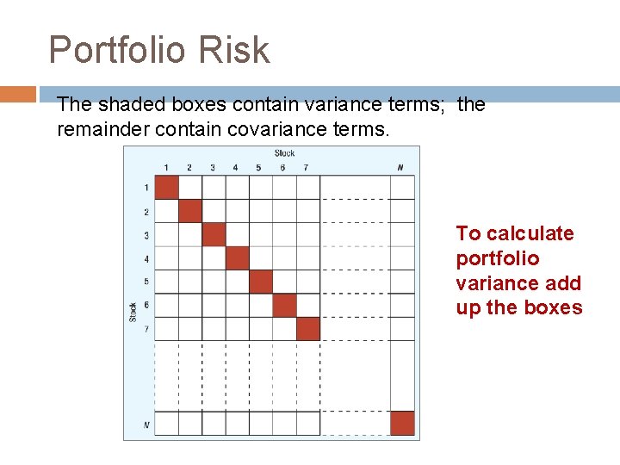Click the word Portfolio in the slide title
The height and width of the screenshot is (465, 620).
pyautogui.click(x=117, y=51)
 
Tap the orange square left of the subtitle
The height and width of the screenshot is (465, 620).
pyautogui.click(x=18, y=93)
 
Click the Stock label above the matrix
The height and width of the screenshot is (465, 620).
pyautogui.click(x=284, y=153)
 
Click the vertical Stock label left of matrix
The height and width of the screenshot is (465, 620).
pyautogui.click(x=133, y=311)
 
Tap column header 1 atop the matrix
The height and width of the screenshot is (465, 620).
pyautogui.click(x=166, y=167)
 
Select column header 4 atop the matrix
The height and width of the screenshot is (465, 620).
pyautogui.click(x=236, y=167)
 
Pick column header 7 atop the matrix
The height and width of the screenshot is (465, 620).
pyautogui.click(x=306, y=167)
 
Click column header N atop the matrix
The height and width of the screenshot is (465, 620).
pyautogui.click(x=400, y=167)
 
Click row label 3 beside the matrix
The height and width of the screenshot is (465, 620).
pyautogui.click(x=146, y=235)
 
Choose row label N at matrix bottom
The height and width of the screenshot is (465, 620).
pyautogui.click(x=146, y=424)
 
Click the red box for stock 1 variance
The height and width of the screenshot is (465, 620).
pyautogui.click(x=166, y=188)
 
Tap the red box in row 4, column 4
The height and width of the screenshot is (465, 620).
pyautogui.click(x=237, y=258)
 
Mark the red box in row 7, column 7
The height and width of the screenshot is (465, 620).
pyautogui.click(x=307, y=329)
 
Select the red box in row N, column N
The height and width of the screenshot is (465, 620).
pyautogui.click(x=401, y=423)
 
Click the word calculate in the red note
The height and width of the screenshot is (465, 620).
pyautogui.click(x=530, y=233)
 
